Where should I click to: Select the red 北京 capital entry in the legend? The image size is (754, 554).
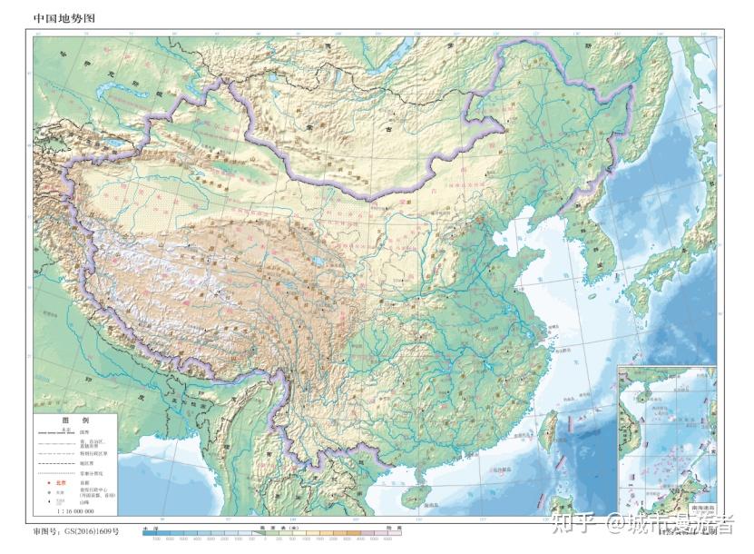tap(62, 483)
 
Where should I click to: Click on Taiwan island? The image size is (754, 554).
tap(548, 430)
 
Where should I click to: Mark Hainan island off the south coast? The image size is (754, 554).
tap(415, 496)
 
